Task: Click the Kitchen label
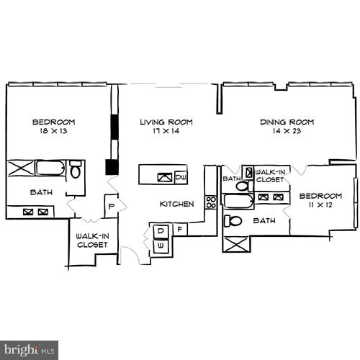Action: tap(176, 204)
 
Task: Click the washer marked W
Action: tap(161, 246)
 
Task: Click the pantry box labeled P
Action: tap(112, 206)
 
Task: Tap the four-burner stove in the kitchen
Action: tap(211, 202)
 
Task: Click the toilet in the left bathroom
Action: tap(76, 171)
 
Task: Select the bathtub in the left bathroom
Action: tap(50, 169)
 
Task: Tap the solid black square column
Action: tap(112, 167)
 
